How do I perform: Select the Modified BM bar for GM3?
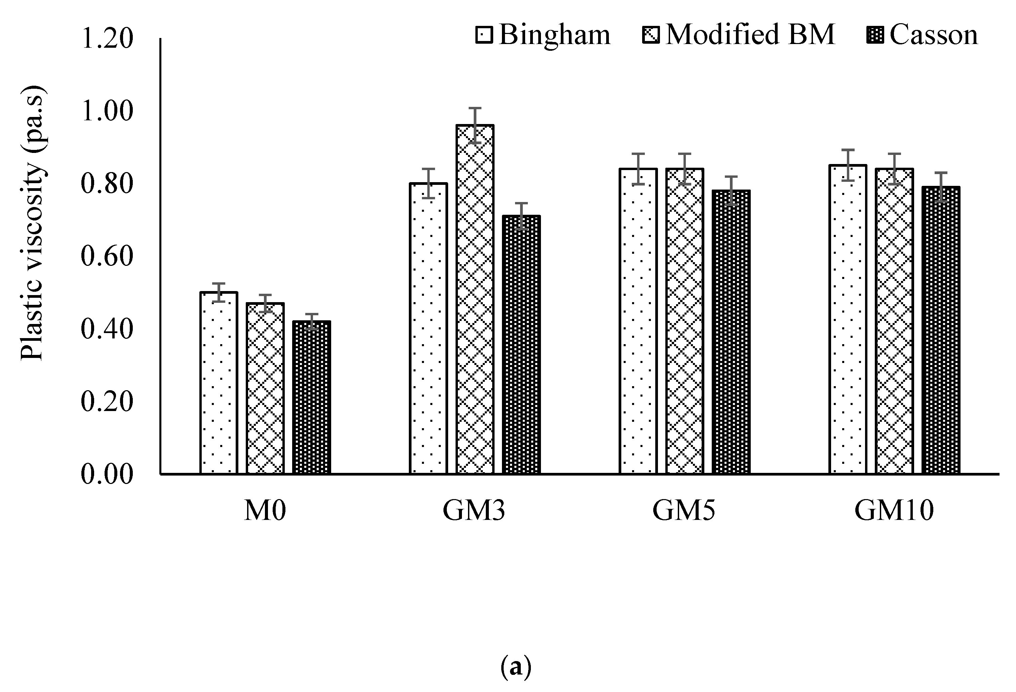[475, 299]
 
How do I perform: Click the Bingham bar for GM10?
[848, 320]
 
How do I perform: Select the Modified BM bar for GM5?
[685, 321]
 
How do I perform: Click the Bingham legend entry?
[543, 35]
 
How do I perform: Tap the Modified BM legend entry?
[739, 35]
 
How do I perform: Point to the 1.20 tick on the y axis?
[107, 38]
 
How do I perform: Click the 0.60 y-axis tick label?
[107, 256]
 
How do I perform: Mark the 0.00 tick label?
[107, 474]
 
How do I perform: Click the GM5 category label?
[684, 510]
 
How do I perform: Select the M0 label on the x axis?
[265, 510]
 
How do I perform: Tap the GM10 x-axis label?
[894, 510]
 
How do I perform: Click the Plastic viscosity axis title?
[33, 223]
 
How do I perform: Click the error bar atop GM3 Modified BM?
[475, 125]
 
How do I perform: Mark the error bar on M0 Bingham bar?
[219, 292]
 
